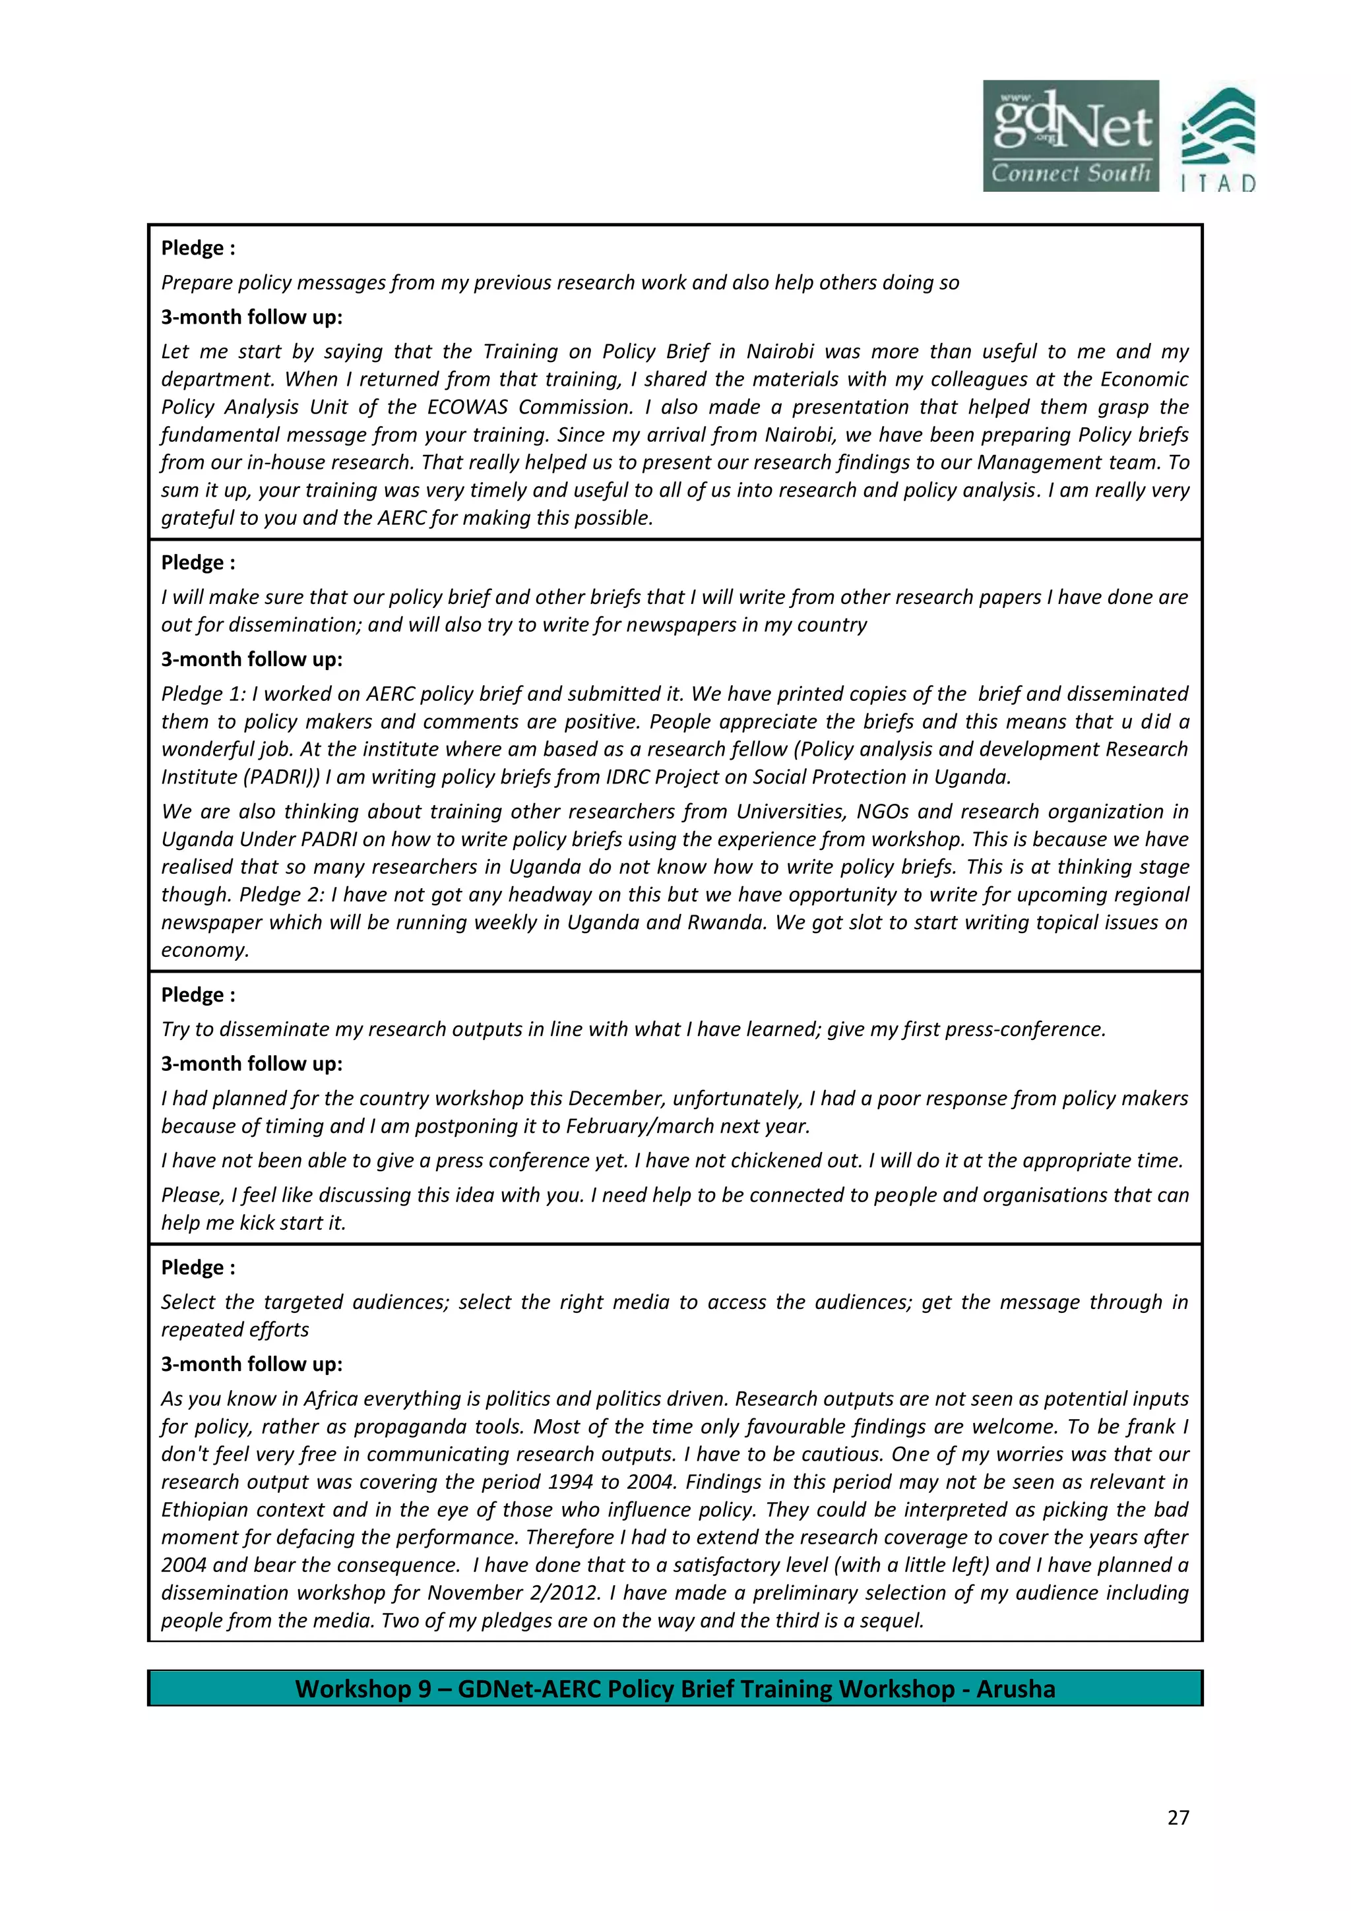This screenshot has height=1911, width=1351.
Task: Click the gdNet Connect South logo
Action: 1071,136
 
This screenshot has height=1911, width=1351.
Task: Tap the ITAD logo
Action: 1218,140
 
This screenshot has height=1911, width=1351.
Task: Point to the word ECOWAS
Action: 468,407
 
